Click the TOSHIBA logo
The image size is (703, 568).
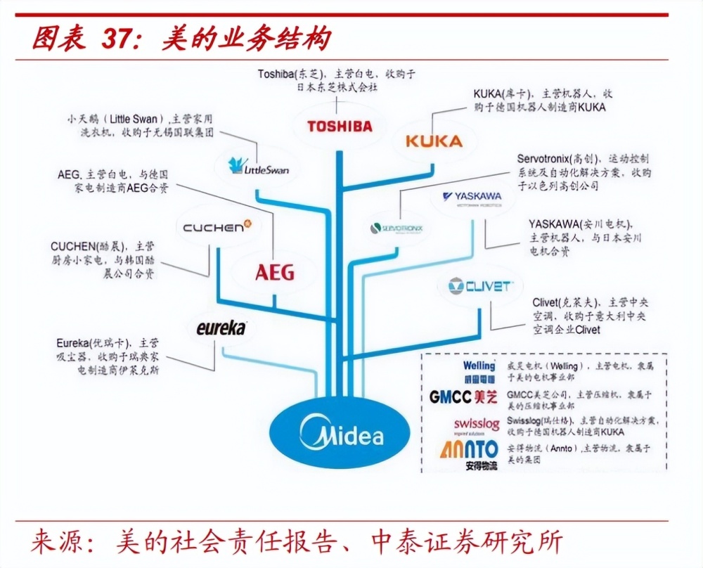pos(340,127)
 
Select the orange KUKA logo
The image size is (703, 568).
pos(434,141)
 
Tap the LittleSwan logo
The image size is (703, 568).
pos(259,167)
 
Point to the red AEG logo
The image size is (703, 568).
pos(275,272)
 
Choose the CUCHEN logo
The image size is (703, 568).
pos(212,226)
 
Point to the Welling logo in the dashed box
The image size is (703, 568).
pos(479,370)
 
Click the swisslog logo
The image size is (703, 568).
pos(476,425)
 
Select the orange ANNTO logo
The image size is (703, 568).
pos(470,451)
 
